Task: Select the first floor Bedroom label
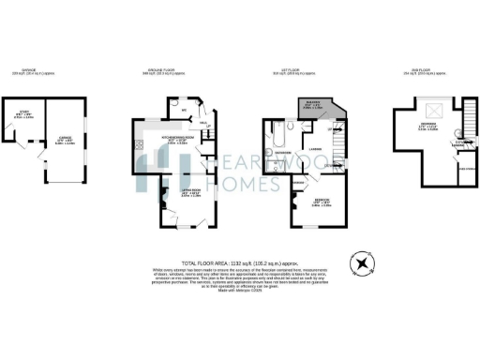point(320,201)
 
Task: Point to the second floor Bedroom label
point(430,127)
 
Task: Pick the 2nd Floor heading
point(432,70)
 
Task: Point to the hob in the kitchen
point(138,145)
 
